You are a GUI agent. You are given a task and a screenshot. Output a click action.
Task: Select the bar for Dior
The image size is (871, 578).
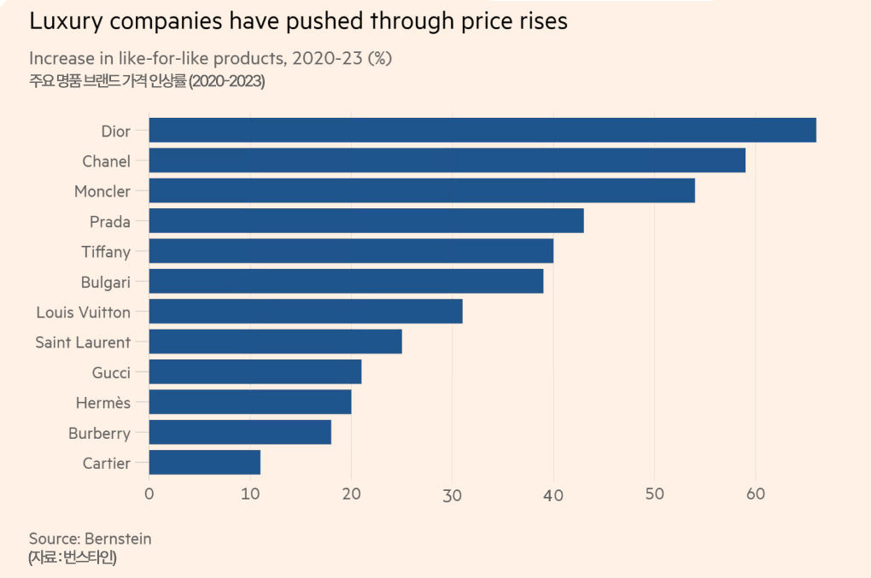pyautogui.click(x=482, y=130)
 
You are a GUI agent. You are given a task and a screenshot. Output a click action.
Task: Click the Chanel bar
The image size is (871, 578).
pyautogui.click(x=447, y=161)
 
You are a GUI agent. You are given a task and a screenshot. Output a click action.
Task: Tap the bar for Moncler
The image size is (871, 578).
pyautogui.click(x=422, y=190)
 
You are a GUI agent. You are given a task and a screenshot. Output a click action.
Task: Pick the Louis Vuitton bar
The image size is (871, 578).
pyautogui.click(x=306, y=312)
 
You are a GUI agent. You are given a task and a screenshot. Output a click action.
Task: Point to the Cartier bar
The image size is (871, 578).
pyautogui.click(x=205, y=463)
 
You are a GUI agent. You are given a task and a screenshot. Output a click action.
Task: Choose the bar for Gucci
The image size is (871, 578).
pyautogui.click(x=255, y=372)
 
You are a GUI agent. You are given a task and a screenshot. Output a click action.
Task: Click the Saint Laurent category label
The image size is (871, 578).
pyautogui.click(x=83, y=342)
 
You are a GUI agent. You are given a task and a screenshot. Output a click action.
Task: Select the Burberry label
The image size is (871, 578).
pyautogui.click(x=99, y=433)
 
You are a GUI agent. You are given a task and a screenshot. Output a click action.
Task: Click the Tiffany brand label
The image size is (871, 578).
pyautogui.click(x=106, y=252)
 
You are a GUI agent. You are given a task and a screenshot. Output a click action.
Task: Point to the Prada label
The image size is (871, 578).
pyautogui.click(x=110, y=222)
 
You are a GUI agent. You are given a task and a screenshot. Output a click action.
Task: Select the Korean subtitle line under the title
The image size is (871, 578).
pyautogui.click(x=147, y=82)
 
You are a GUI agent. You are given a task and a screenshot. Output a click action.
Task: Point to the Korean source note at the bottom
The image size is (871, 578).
pyautogui.click(x=73, y=558)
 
